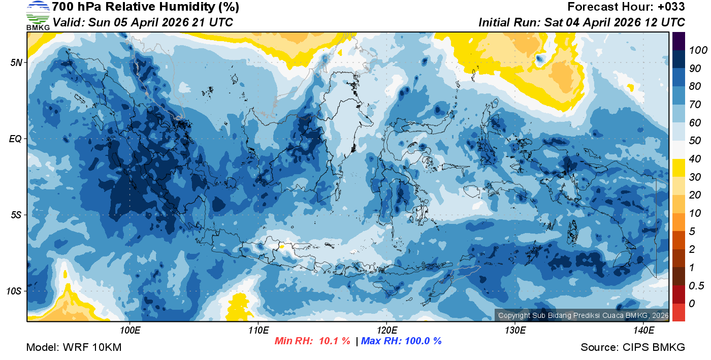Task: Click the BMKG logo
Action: point(38,15)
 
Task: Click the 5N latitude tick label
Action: point(16,62)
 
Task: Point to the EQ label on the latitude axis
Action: point(16,139)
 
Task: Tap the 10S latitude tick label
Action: point(14,291)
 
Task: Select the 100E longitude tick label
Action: point(130,330)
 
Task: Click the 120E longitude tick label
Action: point(387,330)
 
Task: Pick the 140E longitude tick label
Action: point(644,330)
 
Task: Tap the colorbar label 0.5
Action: point(695,285)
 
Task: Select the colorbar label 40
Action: point(695,159)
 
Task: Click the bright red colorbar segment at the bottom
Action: point(678,312)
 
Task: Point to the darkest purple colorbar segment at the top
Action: point(678,41)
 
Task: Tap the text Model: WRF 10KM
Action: point(74,347)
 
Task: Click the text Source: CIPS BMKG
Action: point(633,347)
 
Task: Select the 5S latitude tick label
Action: point(16,215)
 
